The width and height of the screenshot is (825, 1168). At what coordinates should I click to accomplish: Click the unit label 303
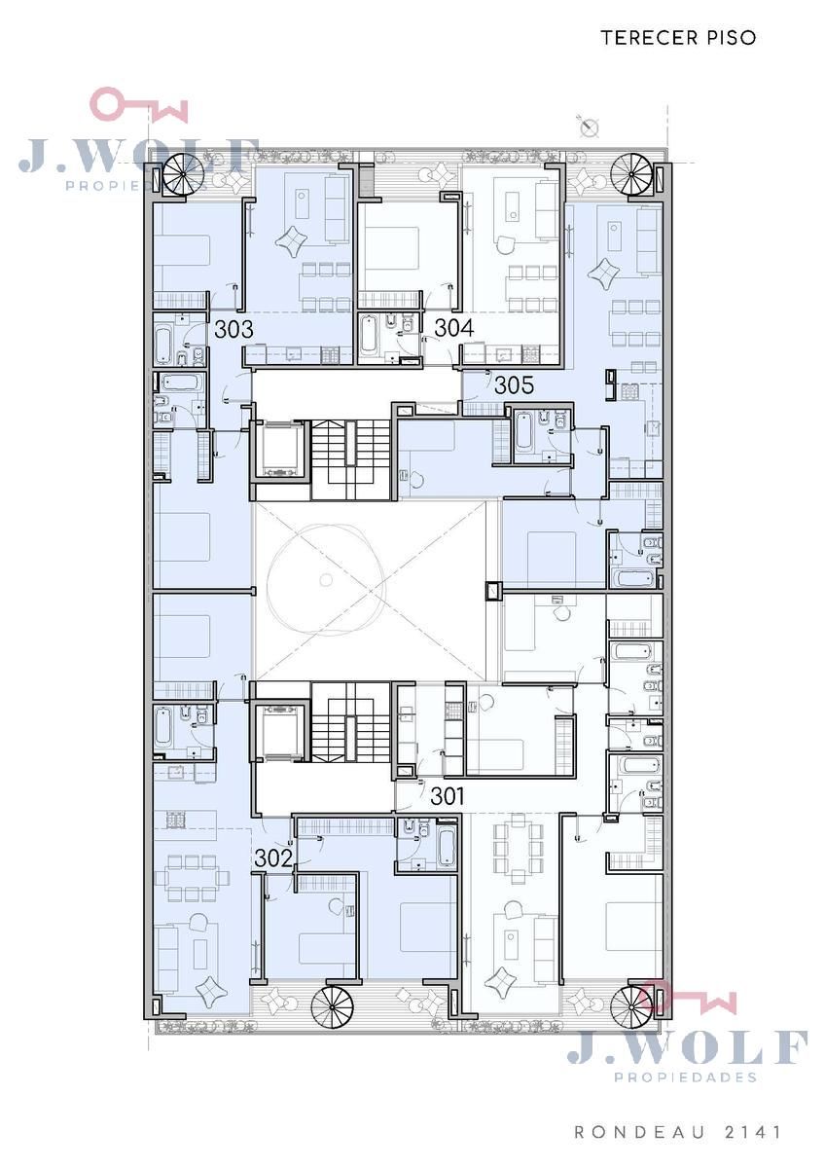tap(234, 329)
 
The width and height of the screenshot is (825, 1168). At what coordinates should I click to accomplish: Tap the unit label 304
tap(454, 328)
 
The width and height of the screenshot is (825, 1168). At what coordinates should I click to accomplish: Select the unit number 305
tap(514, 385)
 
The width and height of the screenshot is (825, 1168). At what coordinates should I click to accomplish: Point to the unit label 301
tap(448, 796)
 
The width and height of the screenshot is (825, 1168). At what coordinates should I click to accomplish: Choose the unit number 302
tap(273, 858)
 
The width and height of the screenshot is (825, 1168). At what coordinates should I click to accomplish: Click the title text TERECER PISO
tap(678, 38)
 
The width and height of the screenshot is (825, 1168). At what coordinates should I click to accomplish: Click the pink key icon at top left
tap(139, 105)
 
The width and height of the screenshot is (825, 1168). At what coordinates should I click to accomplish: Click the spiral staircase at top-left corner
tap(182, 176)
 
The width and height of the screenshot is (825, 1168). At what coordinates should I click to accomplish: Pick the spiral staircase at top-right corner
tap(631, 175)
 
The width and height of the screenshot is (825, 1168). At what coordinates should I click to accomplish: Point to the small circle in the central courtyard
tap(327, 579)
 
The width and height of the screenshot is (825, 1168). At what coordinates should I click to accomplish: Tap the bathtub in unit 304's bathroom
tap(370, 334)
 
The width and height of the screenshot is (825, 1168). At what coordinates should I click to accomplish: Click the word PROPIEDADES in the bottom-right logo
tap(685, 1077)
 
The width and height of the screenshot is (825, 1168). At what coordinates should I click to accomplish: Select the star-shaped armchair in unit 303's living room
tap(292, 240)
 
